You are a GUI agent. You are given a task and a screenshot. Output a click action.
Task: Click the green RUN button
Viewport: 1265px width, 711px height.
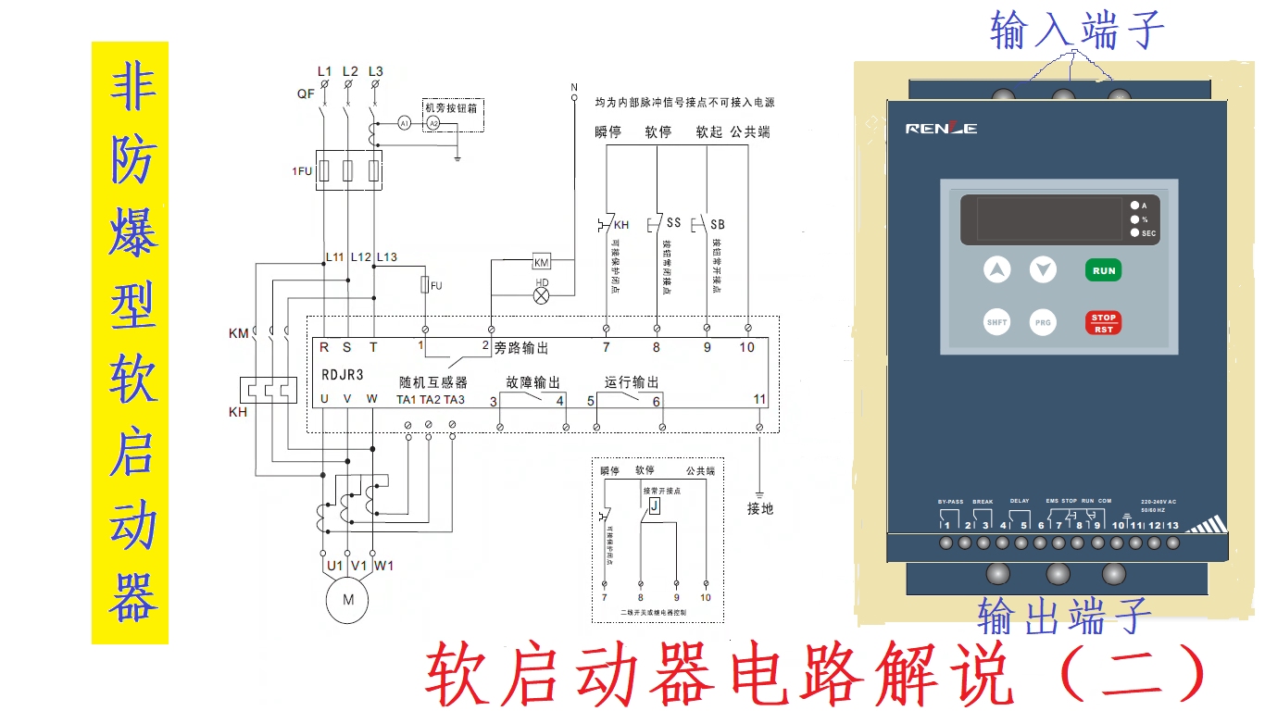[x=1104, y=270]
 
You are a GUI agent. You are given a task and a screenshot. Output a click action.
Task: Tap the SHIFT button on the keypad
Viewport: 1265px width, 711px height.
[x=996, y=322]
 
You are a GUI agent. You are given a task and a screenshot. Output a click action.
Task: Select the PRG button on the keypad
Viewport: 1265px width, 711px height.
[x=1043, y=322]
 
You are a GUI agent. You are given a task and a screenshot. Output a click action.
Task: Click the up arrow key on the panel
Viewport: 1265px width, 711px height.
[x=997, y=270]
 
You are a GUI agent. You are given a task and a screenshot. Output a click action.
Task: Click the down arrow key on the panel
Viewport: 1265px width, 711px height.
[x=1043, y=270]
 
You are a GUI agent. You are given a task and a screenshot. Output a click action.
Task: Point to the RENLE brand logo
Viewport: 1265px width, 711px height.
[x=941, y=129]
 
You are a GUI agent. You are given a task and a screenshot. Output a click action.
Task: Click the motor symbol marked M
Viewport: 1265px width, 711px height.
[x=348, y=600]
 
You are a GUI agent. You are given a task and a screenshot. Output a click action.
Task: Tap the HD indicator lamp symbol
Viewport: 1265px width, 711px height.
[x=543, y=293]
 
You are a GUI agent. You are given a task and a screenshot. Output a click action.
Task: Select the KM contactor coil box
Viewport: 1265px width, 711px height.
[x=542, y=262]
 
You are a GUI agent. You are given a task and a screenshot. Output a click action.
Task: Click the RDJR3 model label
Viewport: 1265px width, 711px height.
[x=343, y=377]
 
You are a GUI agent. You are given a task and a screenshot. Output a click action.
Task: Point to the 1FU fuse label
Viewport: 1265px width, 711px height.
[x=302, y=172]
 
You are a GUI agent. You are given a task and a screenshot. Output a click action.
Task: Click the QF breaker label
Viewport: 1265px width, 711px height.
[x=306, y=94]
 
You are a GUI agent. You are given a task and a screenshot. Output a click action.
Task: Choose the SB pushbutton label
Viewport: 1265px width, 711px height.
[x=718, y=225]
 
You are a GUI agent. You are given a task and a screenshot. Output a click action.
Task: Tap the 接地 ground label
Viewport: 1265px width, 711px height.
[x=760, y=508]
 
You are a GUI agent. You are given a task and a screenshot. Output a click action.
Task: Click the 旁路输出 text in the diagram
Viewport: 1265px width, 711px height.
[x=521, y=348]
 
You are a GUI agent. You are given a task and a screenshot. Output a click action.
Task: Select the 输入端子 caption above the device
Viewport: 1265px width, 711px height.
[x=1076, y=31]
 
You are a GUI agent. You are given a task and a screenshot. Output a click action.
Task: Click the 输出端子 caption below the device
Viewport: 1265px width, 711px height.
[x=1065, y=616]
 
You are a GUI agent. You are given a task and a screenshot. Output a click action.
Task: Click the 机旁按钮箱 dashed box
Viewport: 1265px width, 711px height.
[x=454, y=115]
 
